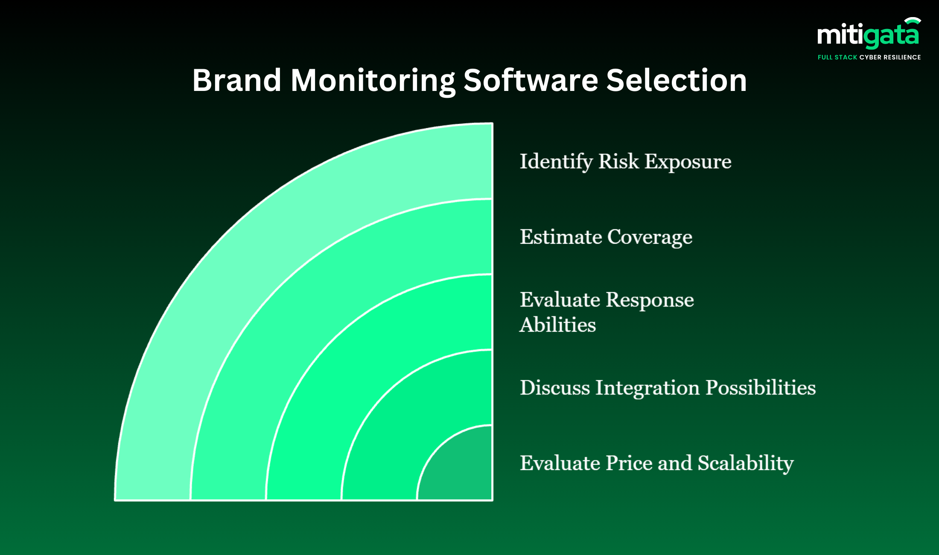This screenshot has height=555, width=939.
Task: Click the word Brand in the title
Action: (x=236, y=80)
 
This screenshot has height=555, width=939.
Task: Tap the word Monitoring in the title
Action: (x=373, y=80)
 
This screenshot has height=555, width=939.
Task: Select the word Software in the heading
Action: (x=531, y=80)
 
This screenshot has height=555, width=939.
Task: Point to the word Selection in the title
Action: (x=676, y=80)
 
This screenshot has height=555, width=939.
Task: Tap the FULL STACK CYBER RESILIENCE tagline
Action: (x=869, y=57)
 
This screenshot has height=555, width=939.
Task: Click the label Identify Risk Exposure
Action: (x=625, y=162)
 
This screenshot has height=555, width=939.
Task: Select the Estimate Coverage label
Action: (x=606, y=237)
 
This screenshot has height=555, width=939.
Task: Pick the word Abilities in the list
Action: (x=557, y=325)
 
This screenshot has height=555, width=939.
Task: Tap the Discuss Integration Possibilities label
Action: (x=668, y=388)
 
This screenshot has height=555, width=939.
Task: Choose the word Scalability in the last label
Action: (x=745, y=463)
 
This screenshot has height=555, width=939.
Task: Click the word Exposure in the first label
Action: (x=688, y=162)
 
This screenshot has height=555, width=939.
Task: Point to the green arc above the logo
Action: (x=913, y=20)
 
